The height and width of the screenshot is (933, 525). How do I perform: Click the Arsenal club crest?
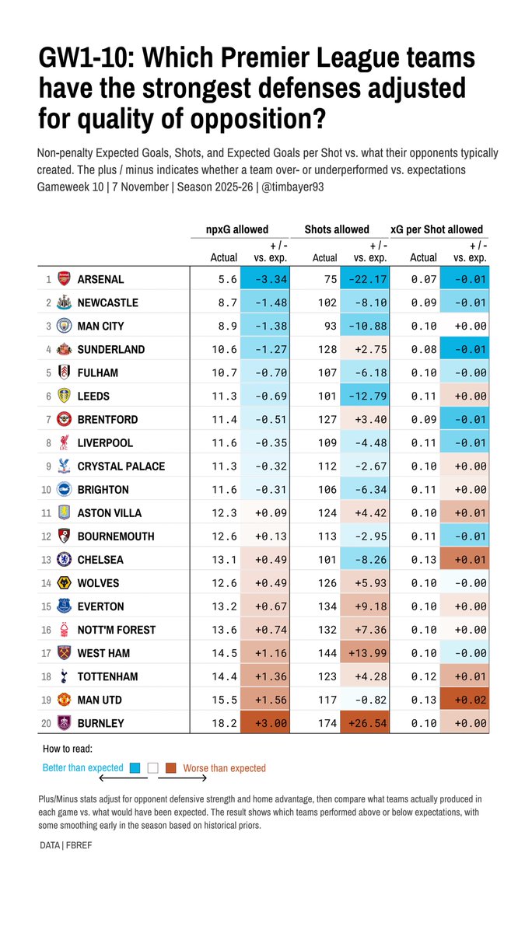click(x=65, y=279)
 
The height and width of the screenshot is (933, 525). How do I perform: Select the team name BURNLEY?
click(x=100, y=723)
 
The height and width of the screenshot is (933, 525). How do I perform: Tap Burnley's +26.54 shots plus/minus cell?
click(x=365, y=723)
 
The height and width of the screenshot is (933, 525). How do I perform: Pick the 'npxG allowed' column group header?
click(x=237, y=229)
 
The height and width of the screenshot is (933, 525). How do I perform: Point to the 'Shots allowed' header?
click(x=337, y=229)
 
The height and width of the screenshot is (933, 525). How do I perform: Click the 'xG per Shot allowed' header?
click(x=437, y=229)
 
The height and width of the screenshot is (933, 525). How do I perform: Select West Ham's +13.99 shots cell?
click(x=365, y=653)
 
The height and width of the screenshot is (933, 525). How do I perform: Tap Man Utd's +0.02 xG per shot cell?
click(x=464, y=700)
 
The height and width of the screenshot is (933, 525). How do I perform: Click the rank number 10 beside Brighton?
click(x=47, y=490)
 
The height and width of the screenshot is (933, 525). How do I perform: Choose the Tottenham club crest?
click(x=65, y=676)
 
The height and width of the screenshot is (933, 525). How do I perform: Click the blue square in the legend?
click(x=135, y=768)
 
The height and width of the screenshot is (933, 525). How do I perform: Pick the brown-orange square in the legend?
click(x=170, y=768)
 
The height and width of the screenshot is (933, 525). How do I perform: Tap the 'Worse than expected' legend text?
click(x=224, y=768)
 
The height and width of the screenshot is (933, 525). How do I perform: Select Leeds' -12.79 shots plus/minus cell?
click(x=365, y=396)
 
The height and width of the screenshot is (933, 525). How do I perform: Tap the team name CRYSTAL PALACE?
click(x=121, y=466)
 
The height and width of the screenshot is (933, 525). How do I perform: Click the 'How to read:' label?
click(x=67, y=750)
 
